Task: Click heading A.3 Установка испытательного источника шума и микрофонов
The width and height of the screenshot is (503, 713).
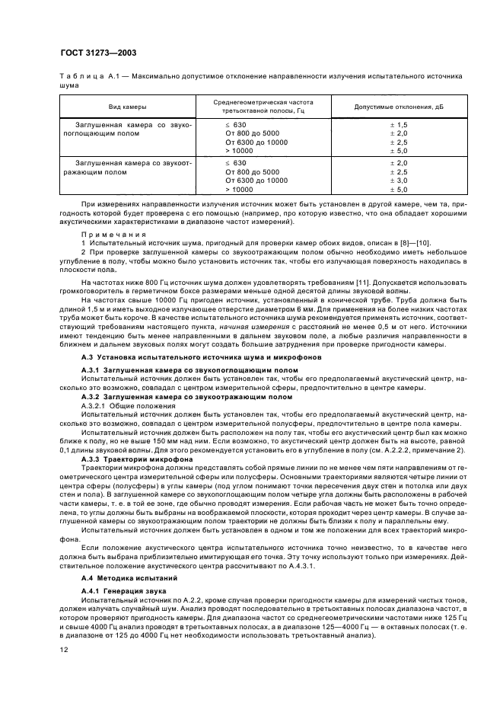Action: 201,357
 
